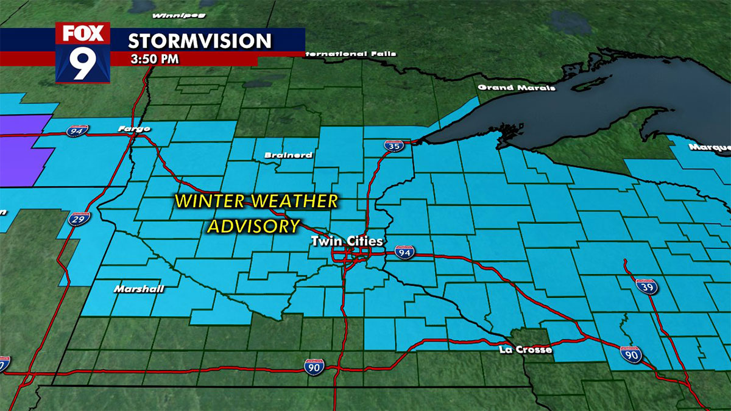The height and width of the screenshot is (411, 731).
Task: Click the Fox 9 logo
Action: point(83,52)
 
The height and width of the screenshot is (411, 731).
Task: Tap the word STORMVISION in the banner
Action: point(199,41)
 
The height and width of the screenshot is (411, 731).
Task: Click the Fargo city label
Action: point(135,128)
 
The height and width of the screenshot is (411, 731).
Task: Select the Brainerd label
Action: point(288,155)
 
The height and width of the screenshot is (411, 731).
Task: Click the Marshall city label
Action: point(138,289)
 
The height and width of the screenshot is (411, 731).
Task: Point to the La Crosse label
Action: point(525,350)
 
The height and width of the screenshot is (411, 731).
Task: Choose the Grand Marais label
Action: point(517,88)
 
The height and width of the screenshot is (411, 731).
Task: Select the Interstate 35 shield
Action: point(392,146)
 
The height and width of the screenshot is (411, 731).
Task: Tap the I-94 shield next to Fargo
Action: point(78,130)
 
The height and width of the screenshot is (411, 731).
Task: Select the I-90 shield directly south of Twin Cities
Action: point(314,365)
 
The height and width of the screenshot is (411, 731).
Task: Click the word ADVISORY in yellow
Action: point(254,226)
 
